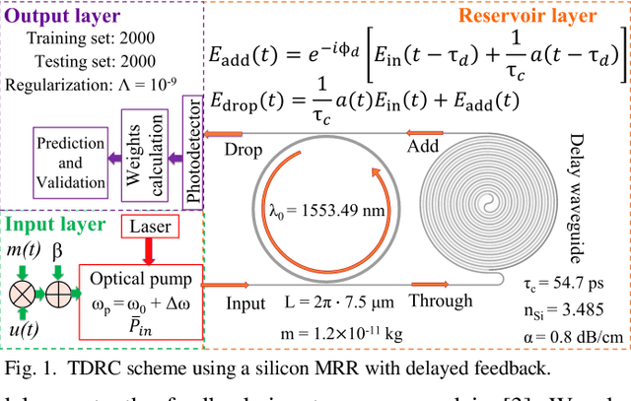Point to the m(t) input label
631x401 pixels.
24,254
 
